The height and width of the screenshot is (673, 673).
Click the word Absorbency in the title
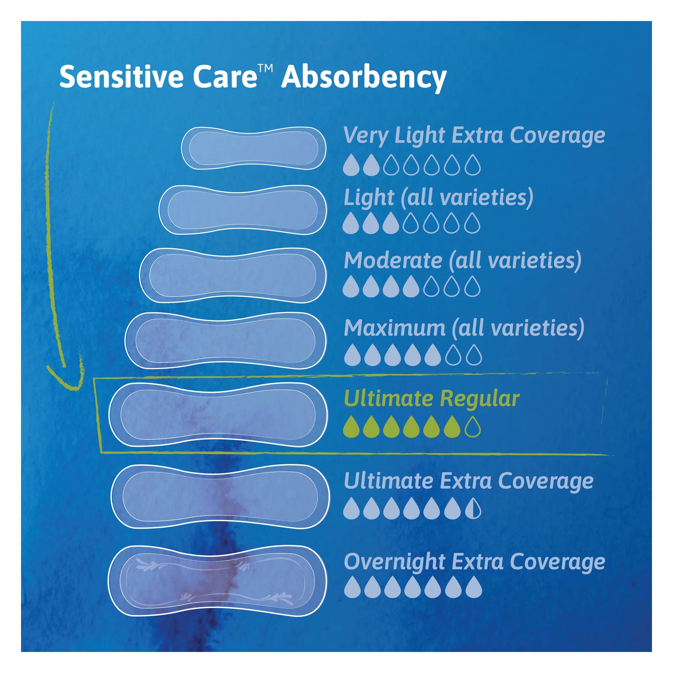click(x=364, y=77)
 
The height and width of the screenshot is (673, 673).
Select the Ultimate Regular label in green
click(x=431, y=399)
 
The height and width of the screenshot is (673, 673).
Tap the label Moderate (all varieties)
click(x=463, y=261)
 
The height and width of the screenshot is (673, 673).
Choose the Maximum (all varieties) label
click(x=464, y=329)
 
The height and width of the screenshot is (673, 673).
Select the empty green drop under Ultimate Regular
click(x=473, y=427)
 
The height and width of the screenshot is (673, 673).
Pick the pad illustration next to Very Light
click(x=254, y=148)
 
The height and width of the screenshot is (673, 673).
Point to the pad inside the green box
click(x=218, y=414)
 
